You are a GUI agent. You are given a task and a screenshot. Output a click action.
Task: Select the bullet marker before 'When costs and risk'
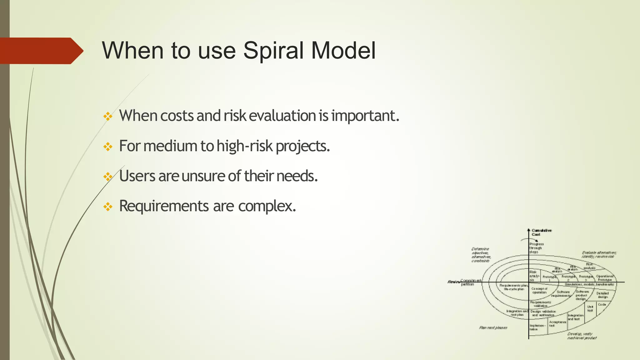108,117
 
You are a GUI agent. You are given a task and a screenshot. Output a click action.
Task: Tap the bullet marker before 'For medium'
108,147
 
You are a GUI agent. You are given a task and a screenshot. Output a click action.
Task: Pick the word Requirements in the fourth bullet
164,206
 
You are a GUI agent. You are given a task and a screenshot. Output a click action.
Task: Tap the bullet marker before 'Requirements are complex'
108,207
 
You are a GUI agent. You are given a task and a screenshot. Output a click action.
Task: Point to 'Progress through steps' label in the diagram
536,248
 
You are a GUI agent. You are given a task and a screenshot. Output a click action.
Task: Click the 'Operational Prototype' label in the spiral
605,278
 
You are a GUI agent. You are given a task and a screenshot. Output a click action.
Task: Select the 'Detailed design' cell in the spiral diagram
602,295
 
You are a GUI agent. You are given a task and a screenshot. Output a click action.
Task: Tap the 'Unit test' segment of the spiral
590,308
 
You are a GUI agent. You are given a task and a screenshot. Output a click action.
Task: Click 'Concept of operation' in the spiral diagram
539,290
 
